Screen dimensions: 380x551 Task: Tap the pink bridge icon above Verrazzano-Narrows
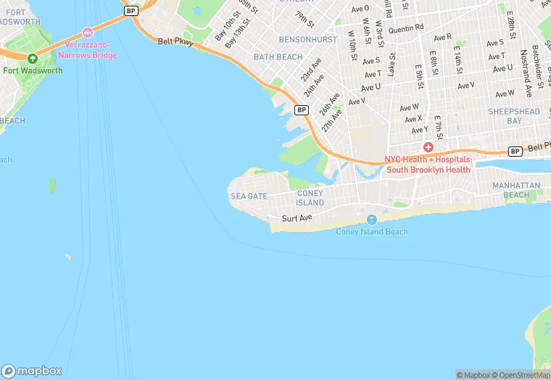point(88,33)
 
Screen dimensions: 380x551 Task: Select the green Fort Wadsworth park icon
point(32,58)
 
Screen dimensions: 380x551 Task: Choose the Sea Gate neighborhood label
point(249,197)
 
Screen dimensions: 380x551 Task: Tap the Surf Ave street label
point(297,218)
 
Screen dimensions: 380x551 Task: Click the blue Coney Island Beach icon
point(372,219)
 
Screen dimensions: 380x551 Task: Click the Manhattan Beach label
point(516,190)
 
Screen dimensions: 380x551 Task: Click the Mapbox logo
point(32,371)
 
